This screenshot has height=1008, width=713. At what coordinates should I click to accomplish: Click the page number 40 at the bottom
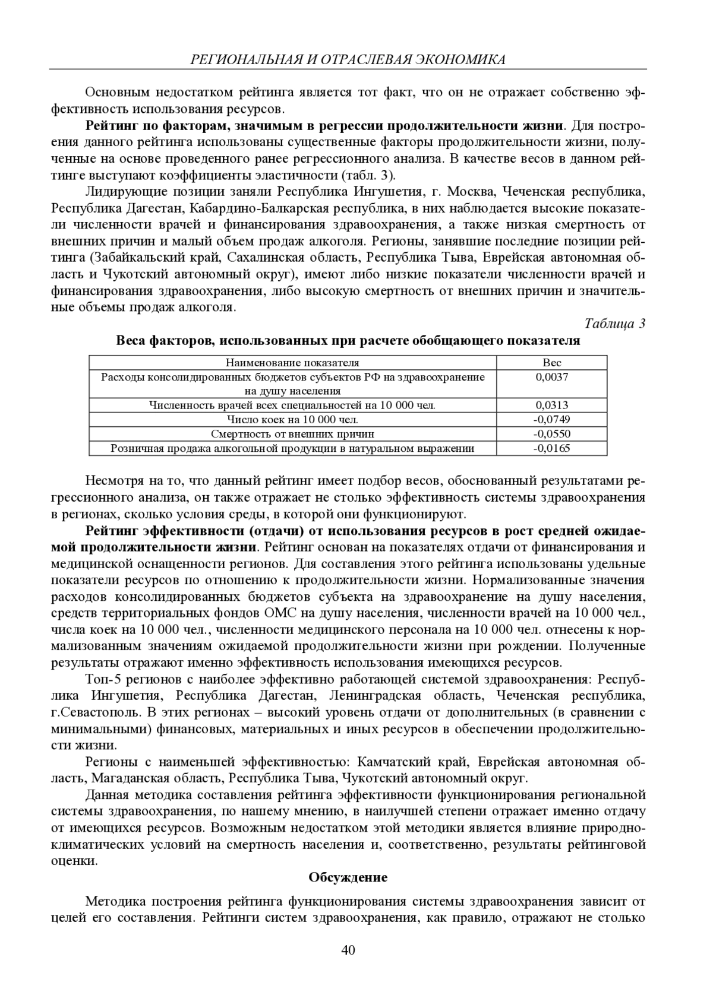348,950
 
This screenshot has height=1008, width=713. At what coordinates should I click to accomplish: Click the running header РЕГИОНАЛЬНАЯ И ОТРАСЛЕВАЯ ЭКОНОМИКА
348,59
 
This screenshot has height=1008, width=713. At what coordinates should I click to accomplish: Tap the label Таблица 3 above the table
615,324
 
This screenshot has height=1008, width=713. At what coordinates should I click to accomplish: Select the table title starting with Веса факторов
348,341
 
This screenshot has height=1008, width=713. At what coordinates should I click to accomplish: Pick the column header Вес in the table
551,363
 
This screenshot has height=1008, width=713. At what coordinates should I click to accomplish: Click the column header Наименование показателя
292,363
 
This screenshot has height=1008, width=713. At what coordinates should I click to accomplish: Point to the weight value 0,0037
551,377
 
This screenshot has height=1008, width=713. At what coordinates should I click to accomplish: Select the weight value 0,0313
551,405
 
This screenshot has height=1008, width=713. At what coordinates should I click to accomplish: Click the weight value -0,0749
551,420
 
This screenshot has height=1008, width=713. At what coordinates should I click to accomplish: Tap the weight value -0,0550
551,434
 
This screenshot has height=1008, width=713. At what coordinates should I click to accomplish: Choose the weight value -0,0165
551,448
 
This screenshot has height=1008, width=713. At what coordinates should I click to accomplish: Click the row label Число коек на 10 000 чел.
292,420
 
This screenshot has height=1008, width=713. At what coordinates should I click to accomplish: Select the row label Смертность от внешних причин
292,434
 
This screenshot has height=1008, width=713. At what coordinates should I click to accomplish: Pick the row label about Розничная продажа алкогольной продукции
292,448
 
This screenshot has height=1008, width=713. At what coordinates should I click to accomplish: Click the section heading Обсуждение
348,877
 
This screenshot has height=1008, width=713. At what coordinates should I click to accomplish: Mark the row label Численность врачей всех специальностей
292,405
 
